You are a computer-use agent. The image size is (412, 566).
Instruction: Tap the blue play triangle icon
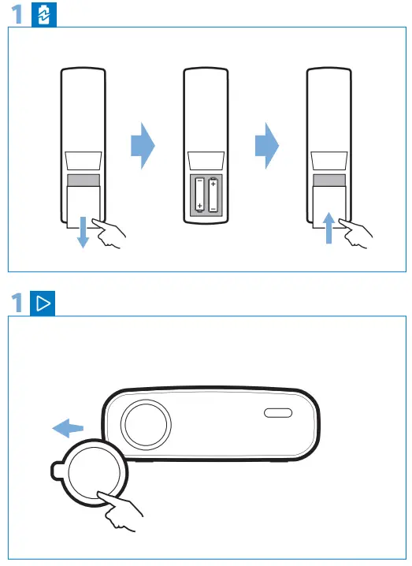[x=44, y=303]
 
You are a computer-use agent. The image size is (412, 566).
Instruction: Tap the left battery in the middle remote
[x=199, y=194]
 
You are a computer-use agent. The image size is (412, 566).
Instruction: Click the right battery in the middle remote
[x=213, y=194]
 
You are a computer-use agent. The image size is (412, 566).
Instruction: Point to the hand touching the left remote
[x=109, y=234]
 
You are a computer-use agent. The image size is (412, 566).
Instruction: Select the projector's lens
[x=145, y=423]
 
